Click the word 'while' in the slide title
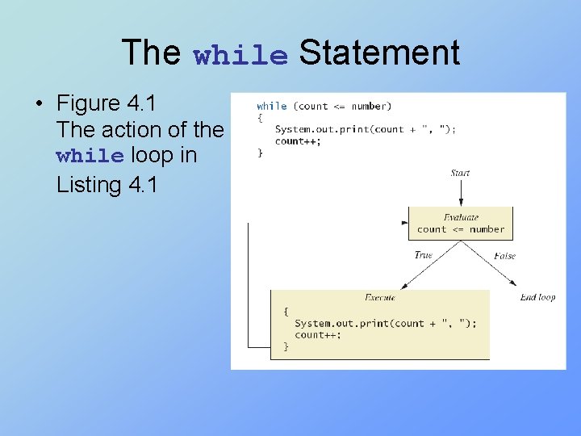pyautogui.click(x=240, y=55)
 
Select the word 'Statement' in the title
pyautogui.click(x=378, y=52)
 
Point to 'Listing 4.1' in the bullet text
pyautogui.click(x=107, y=184)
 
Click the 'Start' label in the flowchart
pyautogui.click(x=460, y=173)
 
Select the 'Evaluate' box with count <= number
pyautogui.click(x=460, y=223)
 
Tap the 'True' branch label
pyautogui.click(x=423, y=255)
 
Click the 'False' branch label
pyautogui.click(x=504, y=256)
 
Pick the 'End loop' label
pyautogui.click(x=537, y=297)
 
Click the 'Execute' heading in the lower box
pyautogui.click(x=379, y=297)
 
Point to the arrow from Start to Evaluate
pyautogui.click(x=460, y=192)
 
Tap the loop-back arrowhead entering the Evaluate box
pyautogui.click(x=405, y=223)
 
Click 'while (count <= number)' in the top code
pyautogui.click(x=324, y=106)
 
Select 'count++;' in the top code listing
pyautogui.click(x=297, y=140)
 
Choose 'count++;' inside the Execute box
pyautogui.click(x=317, y=335)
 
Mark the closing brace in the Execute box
pyautogui.click(x=286, y=346)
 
